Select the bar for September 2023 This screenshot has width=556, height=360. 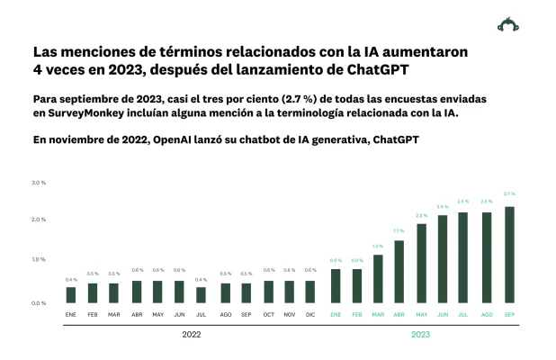tap(509, 255)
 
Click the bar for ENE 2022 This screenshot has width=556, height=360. tap(70, 295)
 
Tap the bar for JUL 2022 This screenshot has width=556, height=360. tap(201, 295)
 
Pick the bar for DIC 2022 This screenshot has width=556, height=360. tap(309, 292)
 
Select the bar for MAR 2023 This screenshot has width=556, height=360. tap(378, 279)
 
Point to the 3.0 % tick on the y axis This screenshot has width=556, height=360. tap(39, 183)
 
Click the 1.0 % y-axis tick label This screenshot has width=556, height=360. tap(39, 259)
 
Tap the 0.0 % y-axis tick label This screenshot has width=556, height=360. tap(39, 303)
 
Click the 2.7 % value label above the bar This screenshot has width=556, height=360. tap(509, 193)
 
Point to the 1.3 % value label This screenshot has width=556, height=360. tap(378, 246)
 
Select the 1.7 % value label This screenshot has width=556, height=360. tap(399, 231)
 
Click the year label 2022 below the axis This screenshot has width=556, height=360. tap(192, 334)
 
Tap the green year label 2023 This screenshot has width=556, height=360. tap(421, 334)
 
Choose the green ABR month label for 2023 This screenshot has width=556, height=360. tap(399, 314)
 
